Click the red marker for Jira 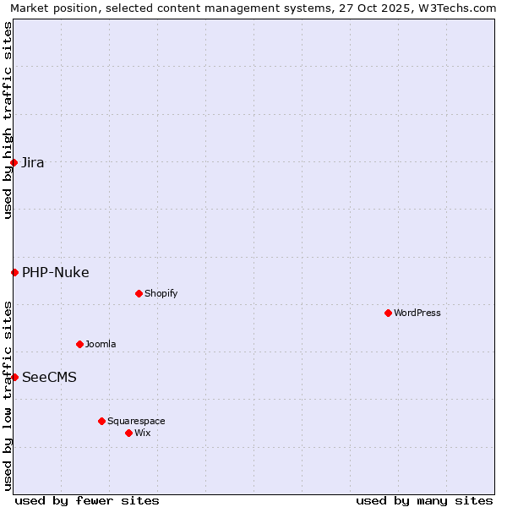(14, 162)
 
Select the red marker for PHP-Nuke (14, 272)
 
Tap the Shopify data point (139, 293)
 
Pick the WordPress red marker (388, 313)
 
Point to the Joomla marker (79, 344)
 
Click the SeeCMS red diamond (14, 377)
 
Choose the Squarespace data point (101, 421)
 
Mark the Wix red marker (128, 433)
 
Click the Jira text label (33, 162)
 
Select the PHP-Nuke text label (56, 272)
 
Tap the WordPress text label (417, 313)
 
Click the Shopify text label (161, 293)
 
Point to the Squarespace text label (136, 421)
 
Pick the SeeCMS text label (49, 377)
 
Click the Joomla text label (101, 344)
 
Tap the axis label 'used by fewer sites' (87, 500)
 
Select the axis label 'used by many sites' (424, 500)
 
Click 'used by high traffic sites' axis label (8, 120)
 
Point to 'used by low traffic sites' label (8, 395)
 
